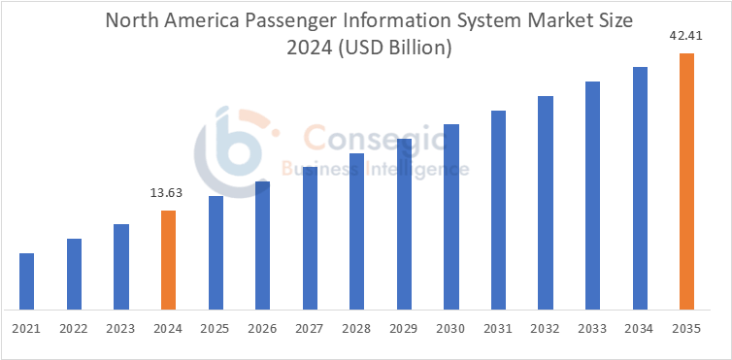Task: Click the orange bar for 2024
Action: coord(168,259)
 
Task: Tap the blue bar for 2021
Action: coord(26,280)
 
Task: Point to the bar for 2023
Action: coord(121,266)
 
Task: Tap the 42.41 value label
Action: coord(686,37)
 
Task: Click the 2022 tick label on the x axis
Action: coord(74,330)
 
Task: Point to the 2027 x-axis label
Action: coord(310,330)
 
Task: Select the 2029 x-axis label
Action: coord(404,330)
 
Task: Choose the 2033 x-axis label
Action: coord(592,330)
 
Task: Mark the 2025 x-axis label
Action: coord(216,330)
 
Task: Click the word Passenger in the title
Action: coord(291,20)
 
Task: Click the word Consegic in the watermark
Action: coord(374,139)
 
